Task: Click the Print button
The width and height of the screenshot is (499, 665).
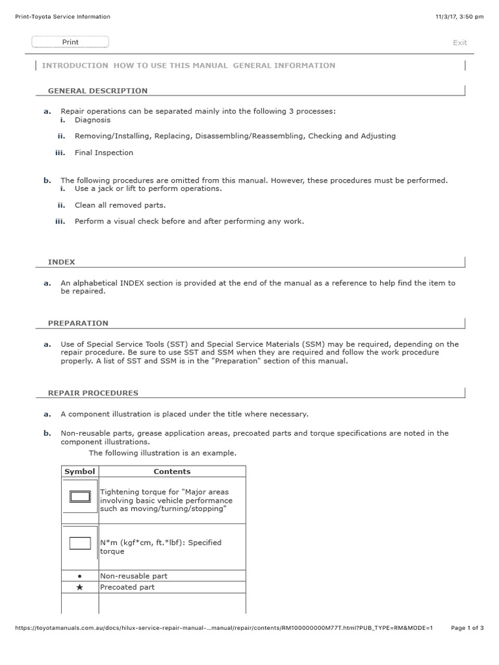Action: click(70, 42)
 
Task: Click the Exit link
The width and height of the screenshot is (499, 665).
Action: click(459, 43)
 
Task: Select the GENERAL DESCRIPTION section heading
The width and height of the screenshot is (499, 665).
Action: click(97, 91)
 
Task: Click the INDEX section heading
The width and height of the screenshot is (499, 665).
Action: click(61, 262)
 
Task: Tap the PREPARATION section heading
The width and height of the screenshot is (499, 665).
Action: click(78, 323)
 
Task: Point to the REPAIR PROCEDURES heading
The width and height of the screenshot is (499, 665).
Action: click(93, 393)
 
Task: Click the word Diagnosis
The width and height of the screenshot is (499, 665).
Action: click(92, 120)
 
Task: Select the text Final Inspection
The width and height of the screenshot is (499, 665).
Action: click(103, 153)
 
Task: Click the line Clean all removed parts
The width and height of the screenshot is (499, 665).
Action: click(120, 205)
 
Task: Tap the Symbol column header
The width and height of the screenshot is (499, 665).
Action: click(79, 471)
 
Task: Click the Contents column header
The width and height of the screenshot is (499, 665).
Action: click(172, 471)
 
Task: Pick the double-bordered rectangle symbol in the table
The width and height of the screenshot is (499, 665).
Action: click(80, 497)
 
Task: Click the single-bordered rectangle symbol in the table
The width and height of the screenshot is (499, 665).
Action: click(80, 544)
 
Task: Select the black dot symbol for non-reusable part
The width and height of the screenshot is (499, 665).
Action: click(79, 576)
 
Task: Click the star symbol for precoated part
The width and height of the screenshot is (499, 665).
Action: click(79, 587)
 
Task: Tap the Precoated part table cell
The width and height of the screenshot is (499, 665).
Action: click(127, 587)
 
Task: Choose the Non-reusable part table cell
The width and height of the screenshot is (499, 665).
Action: click(133, 576)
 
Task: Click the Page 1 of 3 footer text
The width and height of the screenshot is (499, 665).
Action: click(467, 628)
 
